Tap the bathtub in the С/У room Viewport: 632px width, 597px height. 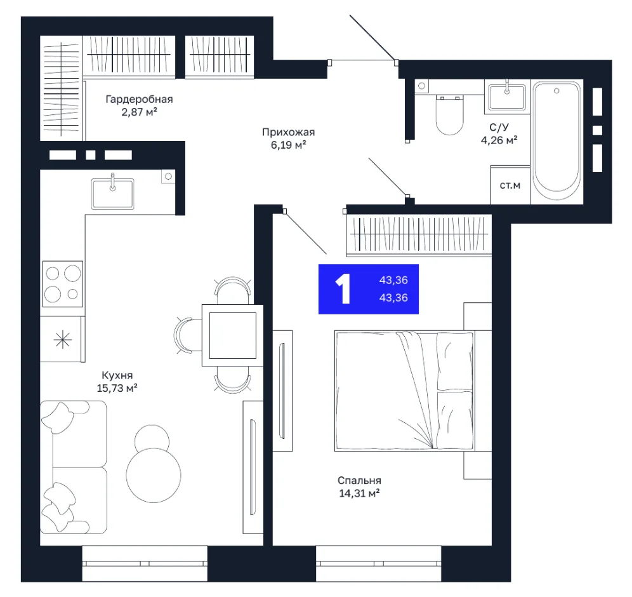(556, 141)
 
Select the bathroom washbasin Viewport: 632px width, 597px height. (506, 97)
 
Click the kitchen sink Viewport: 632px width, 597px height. (112, 193)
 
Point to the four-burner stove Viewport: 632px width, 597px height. (63, 283)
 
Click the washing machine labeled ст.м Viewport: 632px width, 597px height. (510, 185)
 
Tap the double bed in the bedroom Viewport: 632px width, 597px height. (404, 391)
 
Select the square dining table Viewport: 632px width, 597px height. (233, 335)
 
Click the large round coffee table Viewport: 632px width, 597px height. (154, 475)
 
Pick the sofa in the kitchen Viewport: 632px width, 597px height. (74, 467)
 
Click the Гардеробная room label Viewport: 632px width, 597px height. (139, 99)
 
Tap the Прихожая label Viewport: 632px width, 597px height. (288, 132)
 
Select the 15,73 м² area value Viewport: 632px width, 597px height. (117, 388)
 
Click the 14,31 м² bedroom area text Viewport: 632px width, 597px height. (359, 493)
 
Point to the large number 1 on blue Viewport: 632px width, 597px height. (343, 289)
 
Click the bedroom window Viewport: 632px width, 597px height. (378, 563)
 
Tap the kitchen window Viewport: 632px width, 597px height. (145, 563)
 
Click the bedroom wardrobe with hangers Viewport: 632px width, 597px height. (419, 235)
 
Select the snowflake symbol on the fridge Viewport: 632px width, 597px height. (63, 340)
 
